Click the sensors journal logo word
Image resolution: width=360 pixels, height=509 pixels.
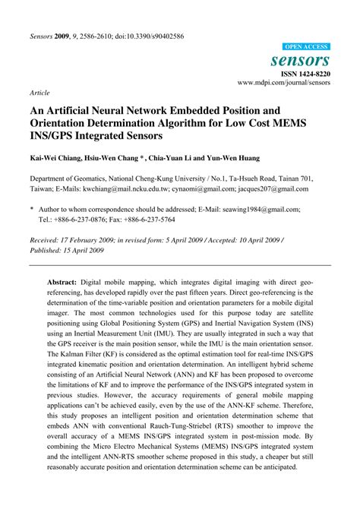pos(301,60)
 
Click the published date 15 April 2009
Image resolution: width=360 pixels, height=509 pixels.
pos(90,248)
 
